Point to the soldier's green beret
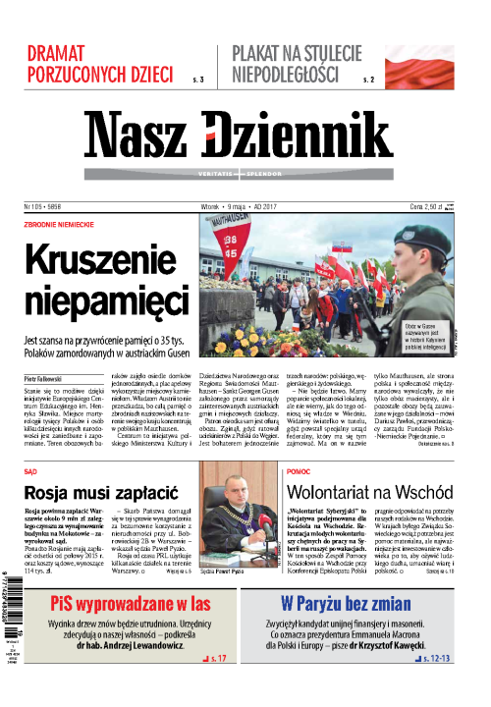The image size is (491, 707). click(422, 237)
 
